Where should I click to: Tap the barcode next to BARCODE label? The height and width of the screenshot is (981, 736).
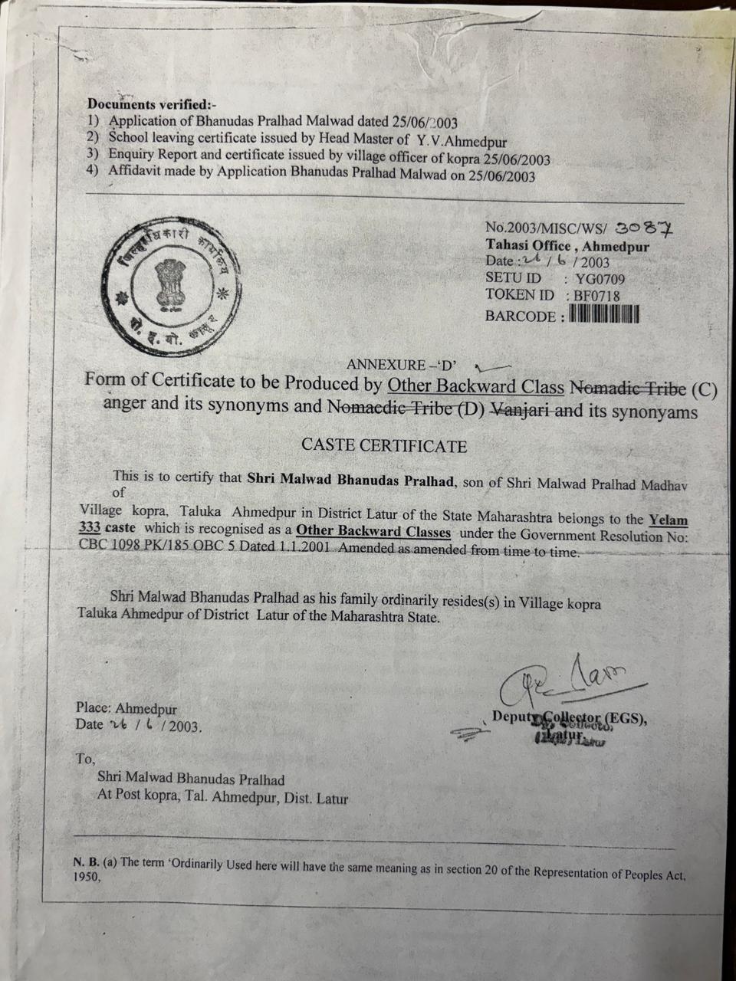[604, 313]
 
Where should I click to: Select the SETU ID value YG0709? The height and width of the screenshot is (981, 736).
[600, 279]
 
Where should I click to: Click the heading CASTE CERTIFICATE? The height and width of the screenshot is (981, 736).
[384, 445]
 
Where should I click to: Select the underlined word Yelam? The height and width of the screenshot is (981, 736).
[668, 520]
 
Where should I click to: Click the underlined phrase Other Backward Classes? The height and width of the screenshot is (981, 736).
[373, 531]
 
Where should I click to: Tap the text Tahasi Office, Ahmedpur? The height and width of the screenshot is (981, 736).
[567, 246]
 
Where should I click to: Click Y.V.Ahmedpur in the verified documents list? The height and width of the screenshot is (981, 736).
[462, 140]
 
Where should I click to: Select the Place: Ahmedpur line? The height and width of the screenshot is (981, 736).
[126, 709]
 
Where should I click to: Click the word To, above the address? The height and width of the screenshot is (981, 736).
[85, 759]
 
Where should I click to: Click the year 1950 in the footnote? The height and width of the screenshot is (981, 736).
[87, 878]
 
